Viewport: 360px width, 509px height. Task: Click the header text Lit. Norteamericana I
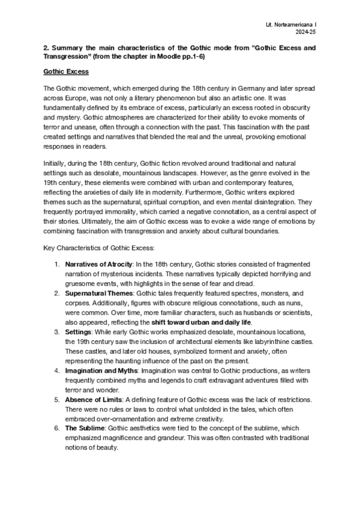pos(298,21)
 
